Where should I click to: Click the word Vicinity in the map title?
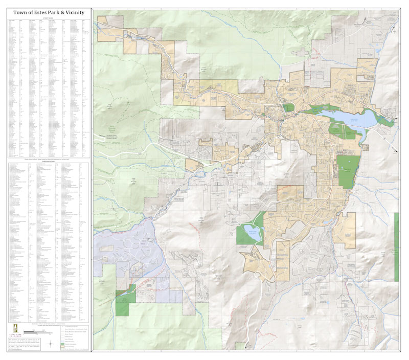(x=72, y=12)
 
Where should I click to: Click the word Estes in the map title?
(x=38, y=12)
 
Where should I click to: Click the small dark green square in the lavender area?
(x=132, y=289)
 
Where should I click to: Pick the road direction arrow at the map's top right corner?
(x=364, y=19)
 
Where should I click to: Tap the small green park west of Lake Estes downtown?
(x=289, y=108)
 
